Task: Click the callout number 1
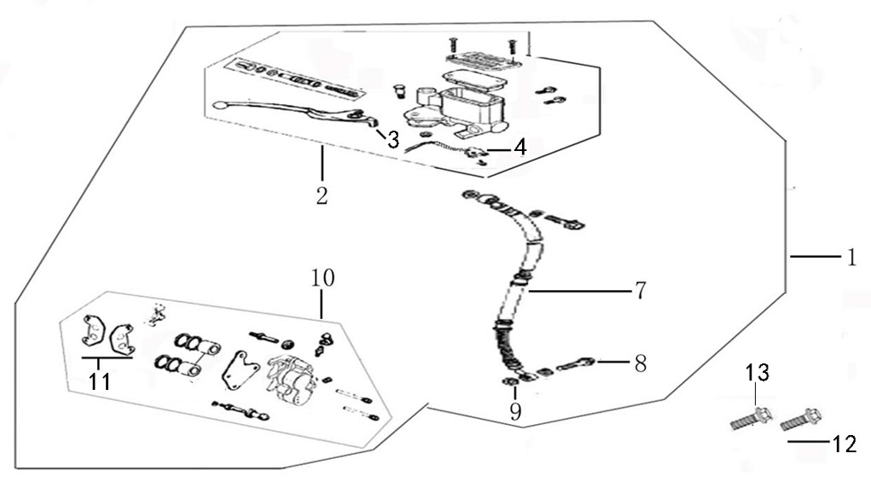click(851, 257)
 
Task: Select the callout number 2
click(321, 195)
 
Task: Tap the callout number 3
click(392, 140)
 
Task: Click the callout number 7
click(639, 290)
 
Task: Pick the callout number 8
click(639, 363)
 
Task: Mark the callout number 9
click(514, 412)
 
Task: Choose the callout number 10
click(322, 278)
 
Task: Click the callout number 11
click(100, 381)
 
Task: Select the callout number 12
click(845, 443)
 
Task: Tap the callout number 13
click(758, 373)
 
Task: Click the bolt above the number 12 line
click(802, 418)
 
